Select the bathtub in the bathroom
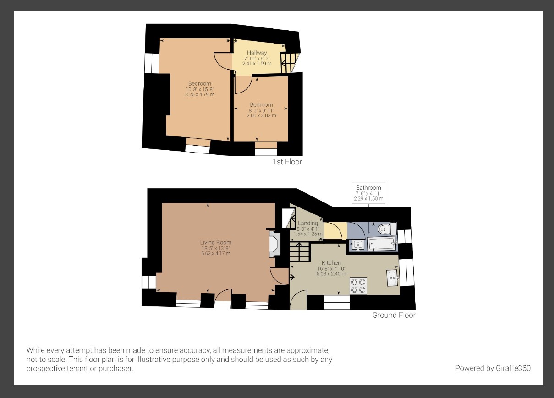(381, 244)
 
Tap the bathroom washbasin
(357, 245)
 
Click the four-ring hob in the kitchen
(358, 285)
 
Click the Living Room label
(215, 242)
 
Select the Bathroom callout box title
(368, 188)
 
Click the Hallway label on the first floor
(257, 53)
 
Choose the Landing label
(308, 223)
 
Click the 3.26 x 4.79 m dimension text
(199, 94)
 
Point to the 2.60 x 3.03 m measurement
(261, 115)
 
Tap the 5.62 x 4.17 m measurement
(215, 253)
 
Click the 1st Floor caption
(287, 162)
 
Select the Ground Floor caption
(394, 315)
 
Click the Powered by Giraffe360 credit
(493, 368)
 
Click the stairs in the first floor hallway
(289, 62)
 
